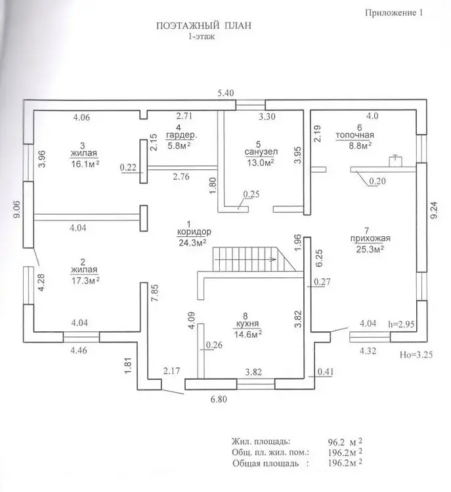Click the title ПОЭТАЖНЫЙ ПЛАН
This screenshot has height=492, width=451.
click(204, 26)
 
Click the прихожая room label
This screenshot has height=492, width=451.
click(367, 239)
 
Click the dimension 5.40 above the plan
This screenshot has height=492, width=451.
click(226, 93)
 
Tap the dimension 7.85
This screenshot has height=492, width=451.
click(155, 293)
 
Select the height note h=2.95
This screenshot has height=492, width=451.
click(403, 323)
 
